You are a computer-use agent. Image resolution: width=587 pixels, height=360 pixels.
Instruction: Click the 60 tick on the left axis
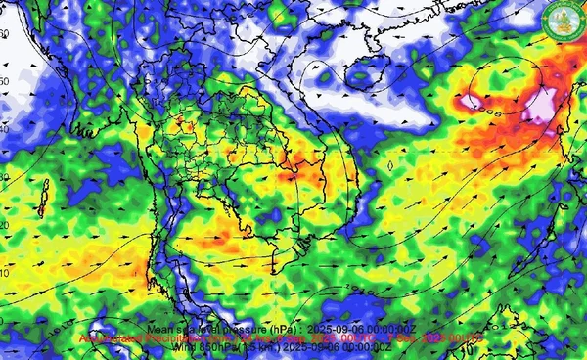coord(4,33)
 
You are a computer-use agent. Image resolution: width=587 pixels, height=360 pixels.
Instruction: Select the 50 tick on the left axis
coord(4,81)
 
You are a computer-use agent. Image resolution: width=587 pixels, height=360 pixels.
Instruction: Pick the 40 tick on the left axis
coord(4,129)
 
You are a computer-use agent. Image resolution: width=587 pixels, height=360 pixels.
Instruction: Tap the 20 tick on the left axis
coord(4,225)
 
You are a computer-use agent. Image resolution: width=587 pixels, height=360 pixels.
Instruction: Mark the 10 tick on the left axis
coord(4,273)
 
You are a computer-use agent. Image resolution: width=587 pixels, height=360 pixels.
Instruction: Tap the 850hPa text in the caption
coord(199,347)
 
